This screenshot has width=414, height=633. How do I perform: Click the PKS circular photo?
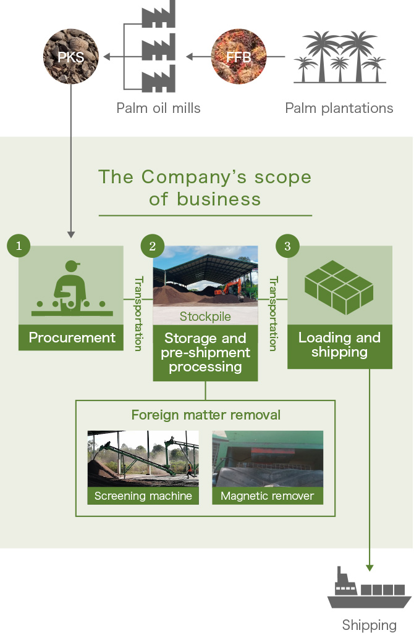pyautogui.click(x=71, y=57)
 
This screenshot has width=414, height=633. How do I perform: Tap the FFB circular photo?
pyautogui.click(x=239, y=57)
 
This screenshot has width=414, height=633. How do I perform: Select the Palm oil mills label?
pyautogui.click(x=158, y=108)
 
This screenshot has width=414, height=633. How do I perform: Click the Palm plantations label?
pyautogui.click(x=339, y=108)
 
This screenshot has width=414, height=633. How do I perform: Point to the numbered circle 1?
pyautogui.click(x=19, y=246)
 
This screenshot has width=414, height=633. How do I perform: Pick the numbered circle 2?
pyautogui.click(x=153, y=246)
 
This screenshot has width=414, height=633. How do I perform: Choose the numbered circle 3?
pyautogui.click(x=287, y=246)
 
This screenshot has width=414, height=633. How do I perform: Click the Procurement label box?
pyautogui.click(x=71, y=337)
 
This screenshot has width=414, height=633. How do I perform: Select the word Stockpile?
pyautogui.click(x=205, y=316)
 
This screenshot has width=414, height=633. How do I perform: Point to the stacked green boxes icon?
pyautogui.click(x=339, y=288)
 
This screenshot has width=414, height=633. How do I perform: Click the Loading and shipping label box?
pyautogui.click(x=340, y=346)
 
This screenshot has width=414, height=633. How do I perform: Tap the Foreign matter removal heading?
pyautogui.click(x=206, y=415)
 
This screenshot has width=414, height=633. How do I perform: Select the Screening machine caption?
pyautogui.click(x=143, y=496)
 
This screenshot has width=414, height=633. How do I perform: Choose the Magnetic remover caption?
pyautogui.click(x=268, y=496)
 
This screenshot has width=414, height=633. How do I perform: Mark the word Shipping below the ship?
pyautogui.click(x=369, y=625)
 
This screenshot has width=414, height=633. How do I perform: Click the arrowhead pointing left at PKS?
pyautogui.click(x=107, y=57)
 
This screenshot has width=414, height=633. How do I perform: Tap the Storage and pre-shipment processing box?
pyautogui.click(x=205, y=352)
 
